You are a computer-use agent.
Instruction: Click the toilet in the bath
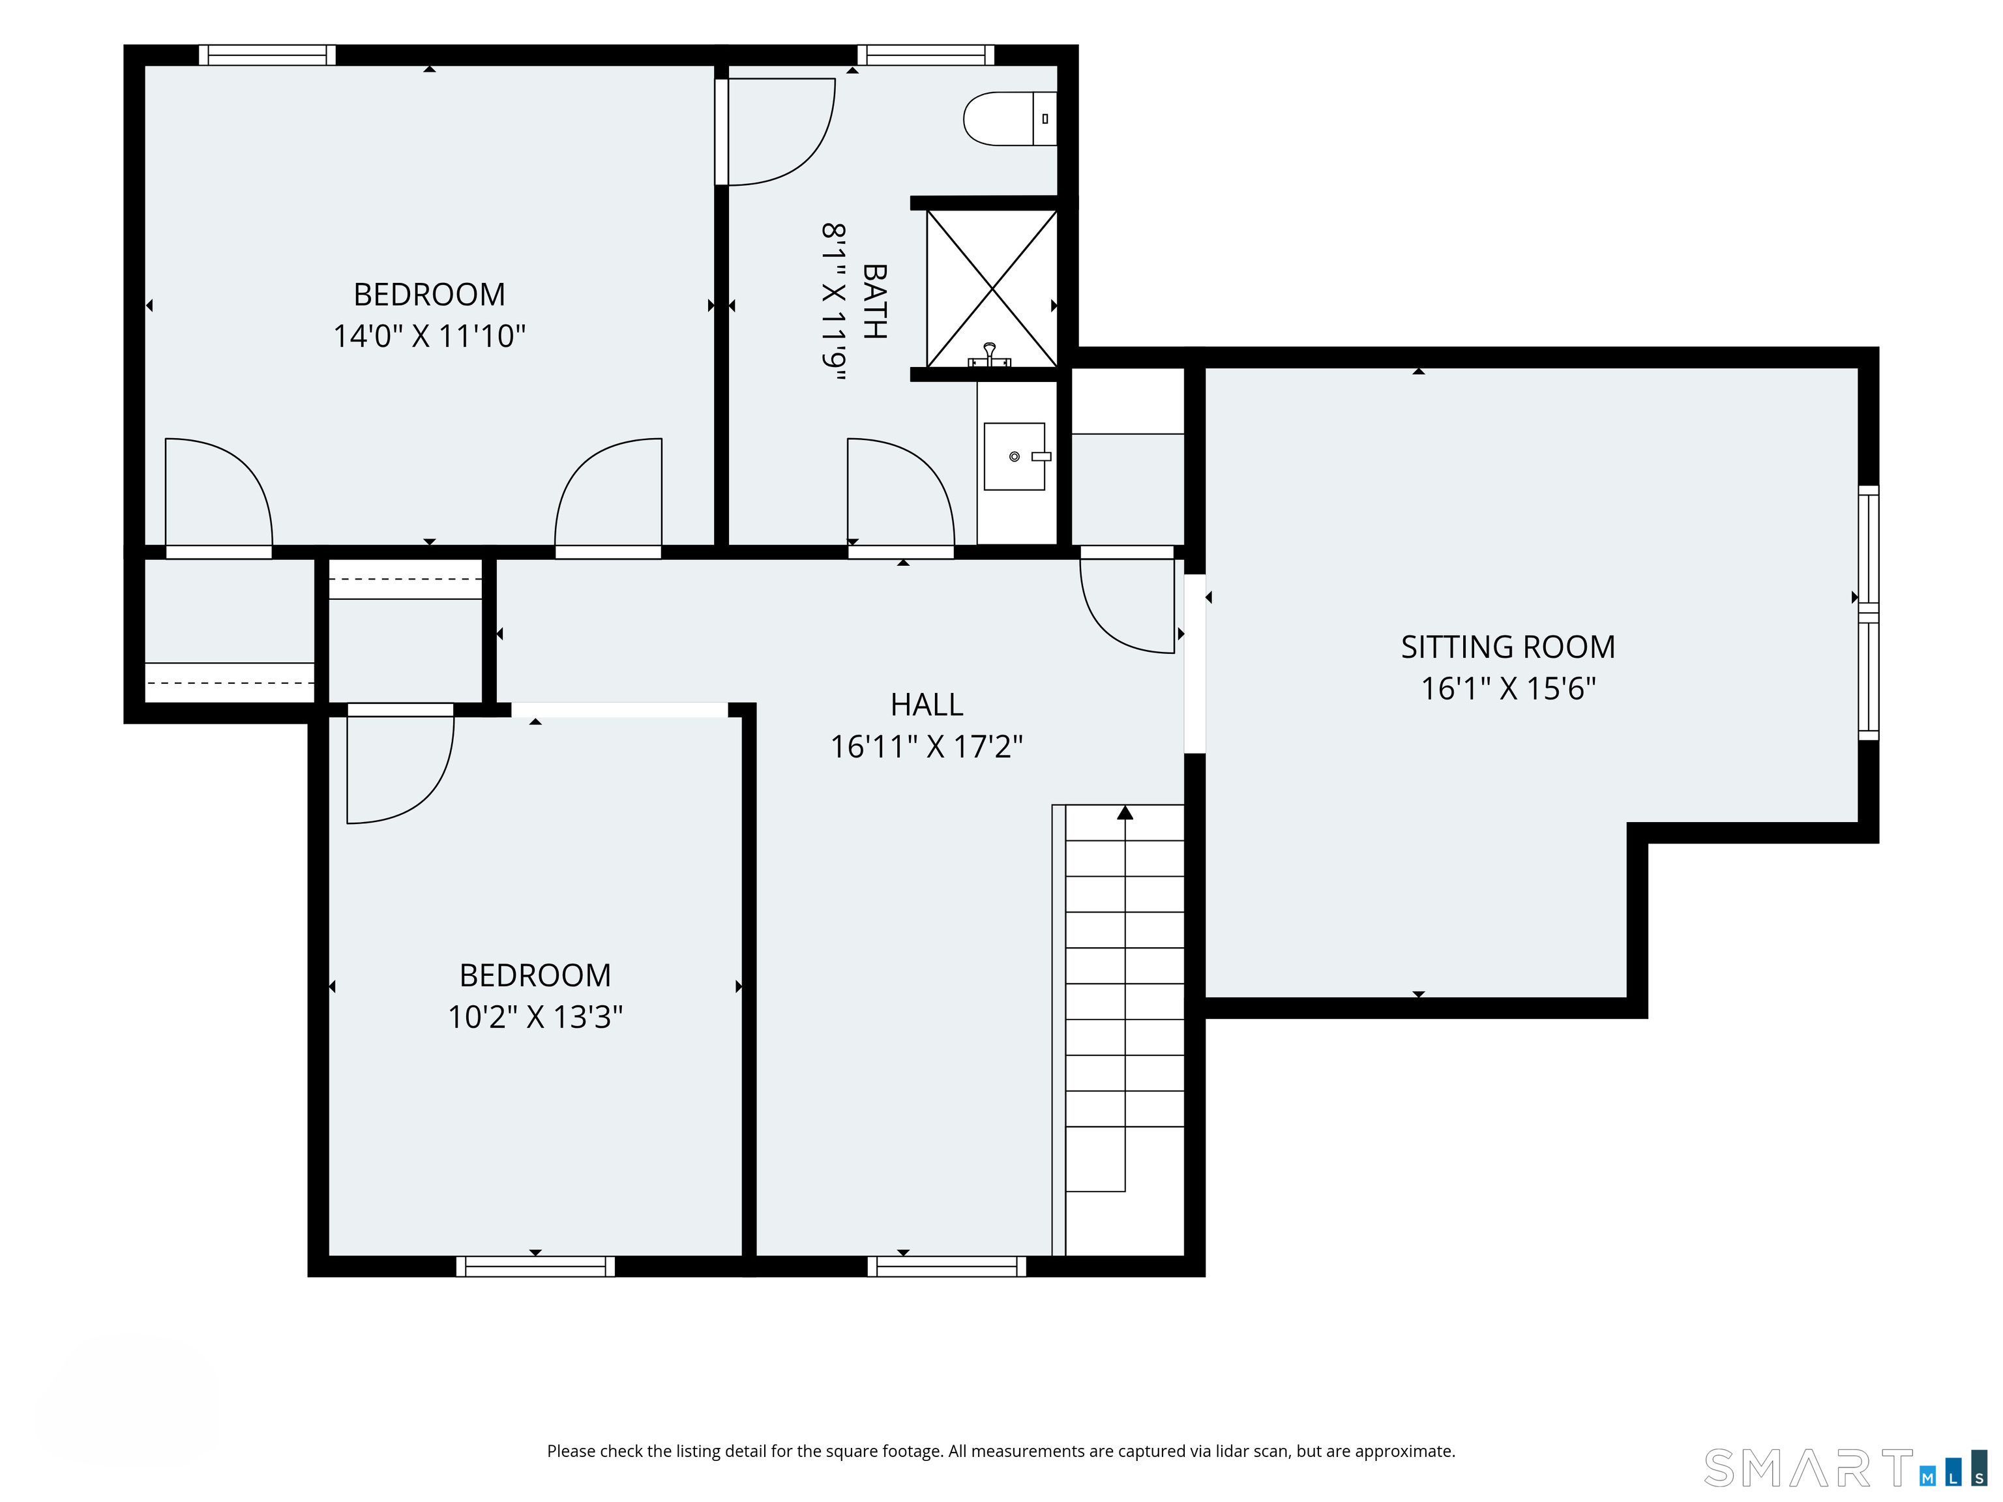(1009, 119)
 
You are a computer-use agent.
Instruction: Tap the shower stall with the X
(992, 289)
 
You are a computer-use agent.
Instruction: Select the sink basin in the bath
(1014, 456)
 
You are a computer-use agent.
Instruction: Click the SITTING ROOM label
(1507, 647)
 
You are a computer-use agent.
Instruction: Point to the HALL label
(927, 704)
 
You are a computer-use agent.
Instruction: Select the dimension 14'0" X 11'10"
(429, 336)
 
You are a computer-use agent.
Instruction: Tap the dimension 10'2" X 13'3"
(535, 1017)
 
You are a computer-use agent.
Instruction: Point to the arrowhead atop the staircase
(1125, 812)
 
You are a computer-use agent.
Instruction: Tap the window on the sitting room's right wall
(1868, 612)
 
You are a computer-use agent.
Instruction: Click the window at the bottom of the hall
(946, 1267)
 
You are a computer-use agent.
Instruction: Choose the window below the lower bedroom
(535, 1267)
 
